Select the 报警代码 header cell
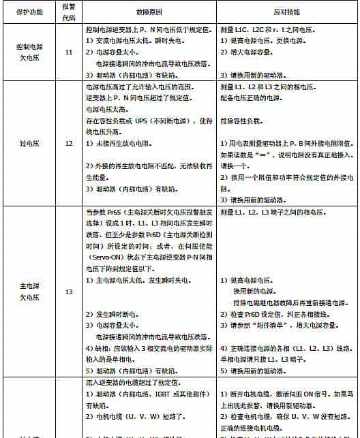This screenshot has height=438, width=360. tap(68, 12)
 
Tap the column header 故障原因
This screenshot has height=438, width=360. tap(151, 12)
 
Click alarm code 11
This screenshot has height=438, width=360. tap(68, 52)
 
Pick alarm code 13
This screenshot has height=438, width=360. tap(68, 292)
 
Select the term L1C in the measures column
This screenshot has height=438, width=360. tap(244, 31)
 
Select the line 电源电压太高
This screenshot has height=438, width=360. tap(107, 109)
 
